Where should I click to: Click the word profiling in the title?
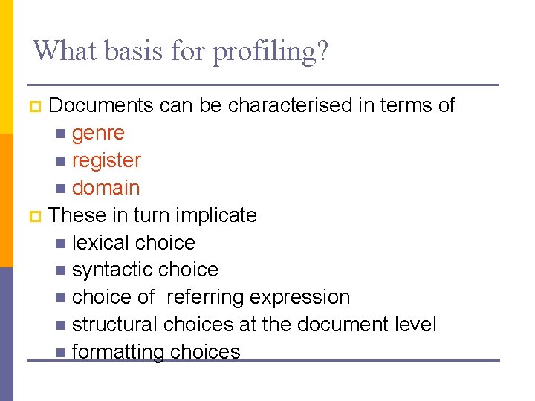coord(265,52)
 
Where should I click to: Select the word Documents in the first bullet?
coord(101,106)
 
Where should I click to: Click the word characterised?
coord(289,106)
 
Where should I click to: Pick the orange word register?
coord(106,161)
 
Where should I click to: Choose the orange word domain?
coord(106,188)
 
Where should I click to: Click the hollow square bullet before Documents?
coord(33,107)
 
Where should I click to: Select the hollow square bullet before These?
coord(33,216)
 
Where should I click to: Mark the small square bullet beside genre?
coord(60,134)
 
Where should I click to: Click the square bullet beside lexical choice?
coord(60,243)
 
